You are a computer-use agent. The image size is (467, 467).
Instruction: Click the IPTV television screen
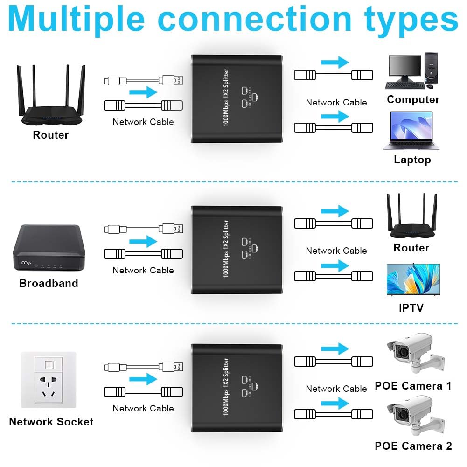click(413, 279)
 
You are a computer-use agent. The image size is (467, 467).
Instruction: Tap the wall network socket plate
click(49, 380)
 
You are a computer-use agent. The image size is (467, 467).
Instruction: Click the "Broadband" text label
click(49, 283)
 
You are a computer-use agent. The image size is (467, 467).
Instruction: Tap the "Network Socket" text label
click(51, 422)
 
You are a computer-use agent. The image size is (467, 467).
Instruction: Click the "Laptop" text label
click(412, 160)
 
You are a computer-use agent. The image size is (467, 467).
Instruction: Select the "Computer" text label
click(413, 99)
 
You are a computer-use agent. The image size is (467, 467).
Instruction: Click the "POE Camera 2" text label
click(413, 446)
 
